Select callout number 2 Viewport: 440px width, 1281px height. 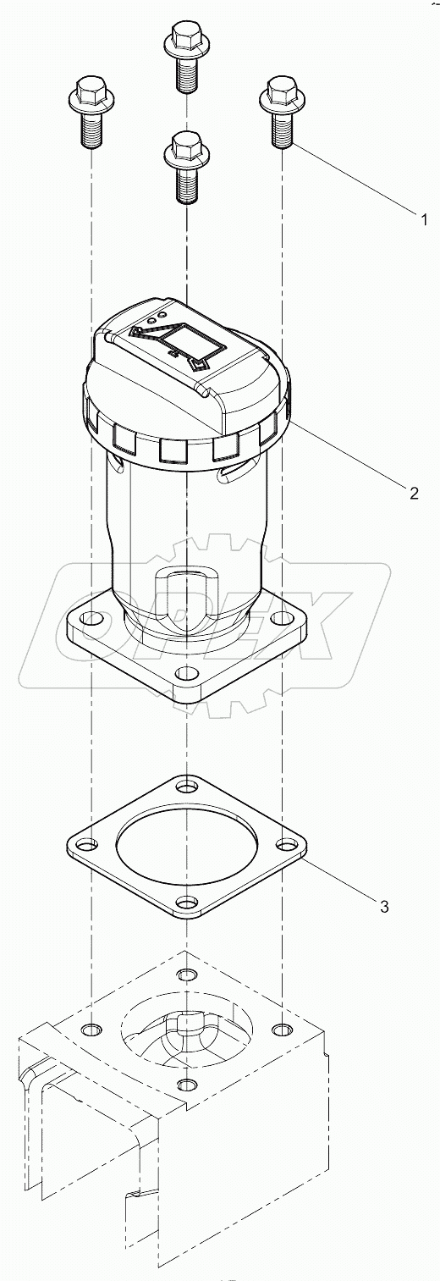414,494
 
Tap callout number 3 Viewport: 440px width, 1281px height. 383,907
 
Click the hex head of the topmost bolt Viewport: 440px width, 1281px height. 185,37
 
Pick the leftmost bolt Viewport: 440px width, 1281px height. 89,109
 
